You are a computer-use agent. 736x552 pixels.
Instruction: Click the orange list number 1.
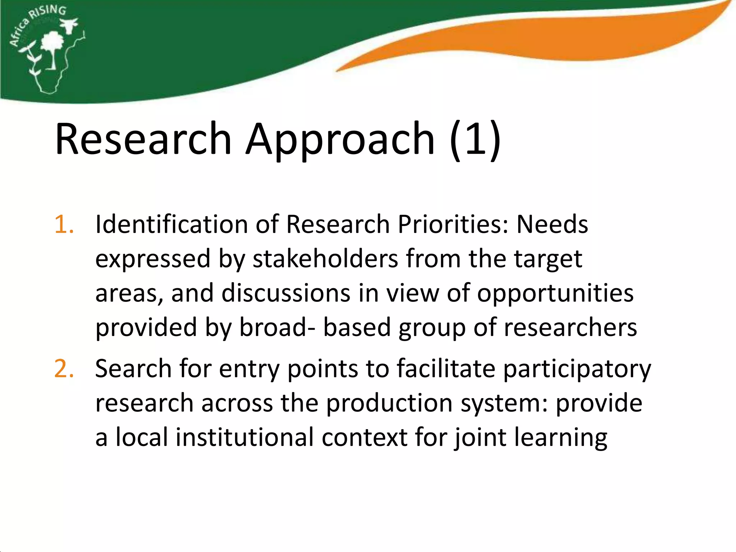tap(64, 224)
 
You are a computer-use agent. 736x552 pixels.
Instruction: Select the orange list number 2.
tap(64, 369)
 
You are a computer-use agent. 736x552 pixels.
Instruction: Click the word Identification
tap(171, 224)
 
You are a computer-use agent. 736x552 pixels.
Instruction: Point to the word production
tap(389, 403)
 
